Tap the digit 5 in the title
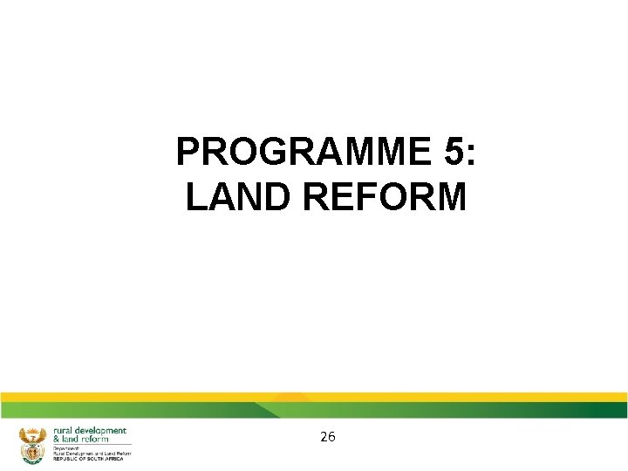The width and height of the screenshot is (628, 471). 454,153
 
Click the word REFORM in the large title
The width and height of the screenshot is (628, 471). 386,197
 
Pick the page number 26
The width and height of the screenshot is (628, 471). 328,437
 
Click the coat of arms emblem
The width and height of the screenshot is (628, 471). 32,444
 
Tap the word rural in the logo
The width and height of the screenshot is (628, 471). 65,431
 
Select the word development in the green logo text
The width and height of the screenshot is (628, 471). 102,431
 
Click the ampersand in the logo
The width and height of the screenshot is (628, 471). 58,440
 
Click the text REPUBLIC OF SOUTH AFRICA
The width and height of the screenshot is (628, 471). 88,459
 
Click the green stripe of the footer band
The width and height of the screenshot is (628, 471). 436,410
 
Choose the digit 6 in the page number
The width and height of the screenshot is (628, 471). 332,437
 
